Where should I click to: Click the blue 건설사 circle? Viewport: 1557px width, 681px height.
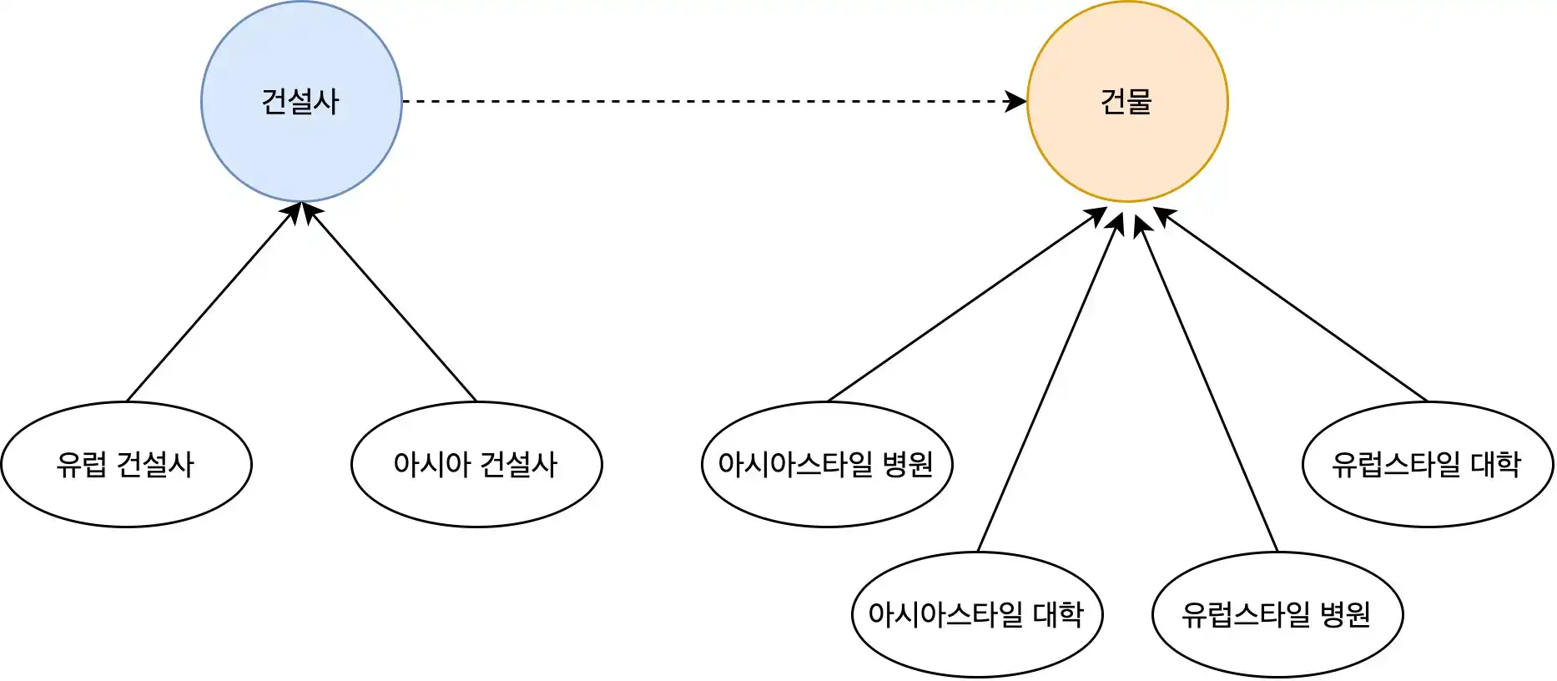301,142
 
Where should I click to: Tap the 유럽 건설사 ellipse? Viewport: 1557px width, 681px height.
126,497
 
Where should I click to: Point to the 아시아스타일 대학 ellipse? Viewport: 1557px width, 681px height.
977,647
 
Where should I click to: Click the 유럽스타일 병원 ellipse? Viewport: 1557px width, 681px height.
1277,647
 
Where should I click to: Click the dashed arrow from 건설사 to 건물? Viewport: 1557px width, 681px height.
709,102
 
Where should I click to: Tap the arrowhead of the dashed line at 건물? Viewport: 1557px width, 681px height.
1018,102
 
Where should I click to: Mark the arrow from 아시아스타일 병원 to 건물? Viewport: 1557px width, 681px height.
968,305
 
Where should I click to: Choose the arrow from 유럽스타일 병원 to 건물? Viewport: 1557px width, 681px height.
1207,384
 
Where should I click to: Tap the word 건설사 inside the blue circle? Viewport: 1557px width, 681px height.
300,102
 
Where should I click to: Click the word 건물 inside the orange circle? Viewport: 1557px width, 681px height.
1126,102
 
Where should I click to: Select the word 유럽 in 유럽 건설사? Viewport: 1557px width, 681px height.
81,465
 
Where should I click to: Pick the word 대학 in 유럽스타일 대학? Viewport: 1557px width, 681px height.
1495,464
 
